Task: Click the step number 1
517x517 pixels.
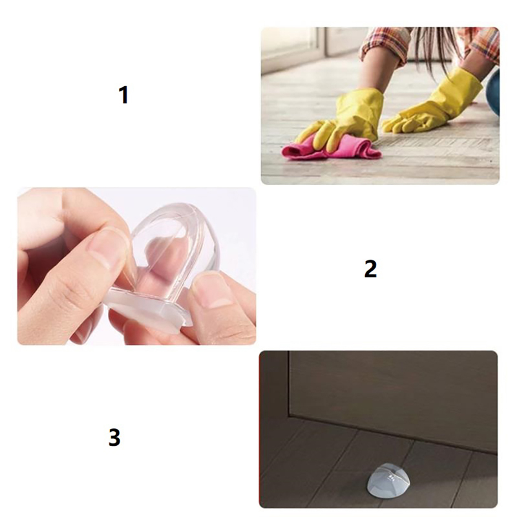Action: click(x=123, y=95)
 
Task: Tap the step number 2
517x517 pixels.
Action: click(x=370, y=268)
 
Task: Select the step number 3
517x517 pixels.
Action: click(x=114, y=438)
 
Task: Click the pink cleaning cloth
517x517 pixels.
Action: click(x=330, y=149)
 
